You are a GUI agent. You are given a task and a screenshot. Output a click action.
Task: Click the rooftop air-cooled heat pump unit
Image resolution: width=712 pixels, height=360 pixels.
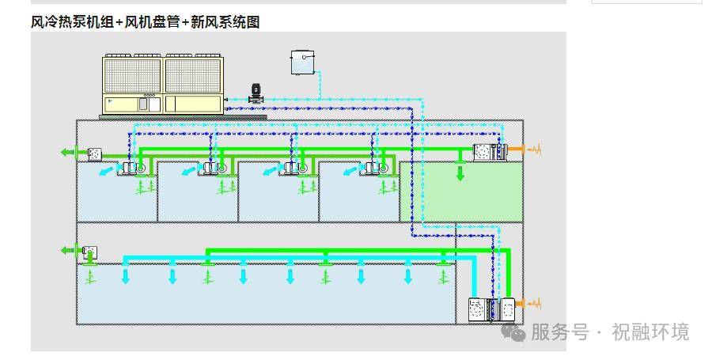[164, 85]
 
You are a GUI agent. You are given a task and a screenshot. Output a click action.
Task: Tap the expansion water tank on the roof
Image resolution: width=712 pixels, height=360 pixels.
[303, 63]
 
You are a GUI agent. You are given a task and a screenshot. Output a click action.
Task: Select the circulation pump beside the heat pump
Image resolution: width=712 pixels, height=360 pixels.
[256, 94]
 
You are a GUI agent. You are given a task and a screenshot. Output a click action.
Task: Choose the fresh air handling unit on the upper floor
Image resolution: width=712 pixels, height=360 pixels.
[489, 152]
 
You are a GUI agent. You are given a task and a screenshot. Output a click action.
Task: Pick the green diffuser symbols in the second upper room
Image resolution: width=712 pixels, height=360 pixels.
[225, 186]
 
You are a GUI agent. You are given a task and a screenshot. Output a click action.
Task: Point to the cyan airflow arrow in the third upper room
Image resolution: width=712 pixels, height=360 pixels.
[271, 171]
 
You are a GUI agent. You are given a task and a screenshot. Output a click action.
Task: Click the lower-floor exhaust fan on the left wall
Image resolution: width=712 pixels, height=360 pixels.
[90, 252]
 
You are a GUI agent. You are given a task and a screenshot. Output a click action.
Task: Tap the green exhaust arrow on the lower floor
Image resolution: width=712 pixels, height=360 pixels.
[68, 250]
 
